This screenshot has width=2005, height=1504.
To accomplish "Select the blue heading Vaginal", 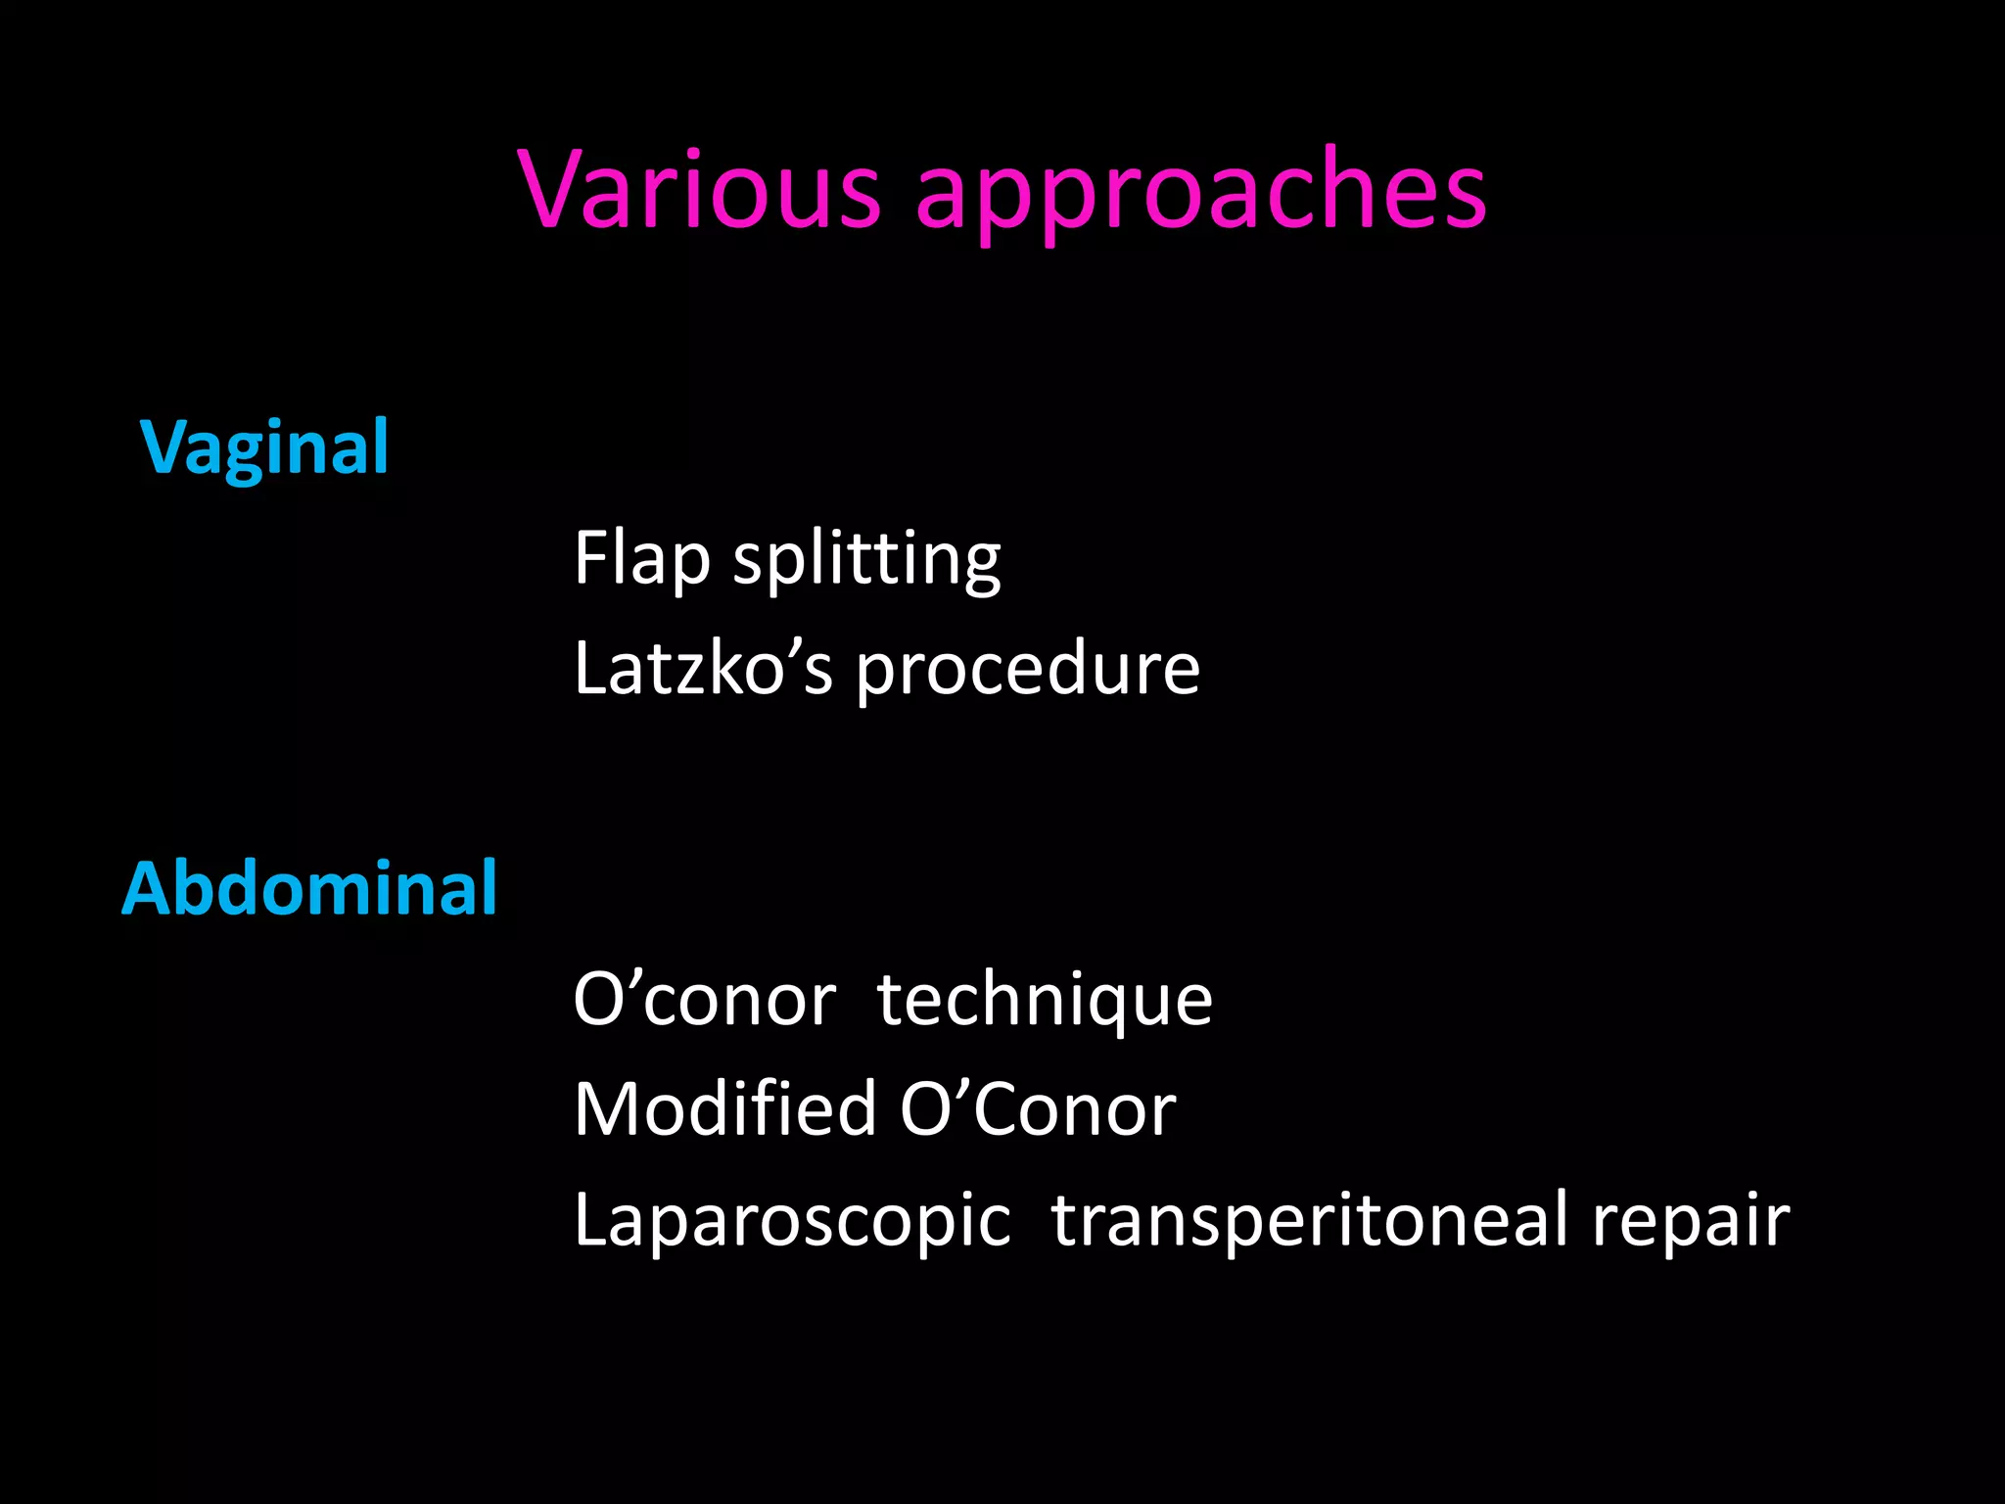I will [x=264, y=448].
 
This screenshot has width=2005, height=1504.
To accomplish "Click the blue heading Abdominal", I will [x=309, y=888].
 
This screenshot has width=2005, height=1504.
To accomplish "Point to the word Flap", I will [x=641, y=559].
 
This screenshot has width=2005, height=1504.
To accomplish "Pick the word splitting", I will [x=866, y=559].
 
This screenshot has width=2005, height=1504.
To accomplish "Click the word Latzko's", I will [x=703, y=669].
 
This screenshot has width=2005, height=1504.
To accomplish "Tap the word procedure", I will [x=1028, y=671].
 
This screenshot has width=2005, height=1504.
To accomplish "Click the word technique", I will [x=1045, y=1002].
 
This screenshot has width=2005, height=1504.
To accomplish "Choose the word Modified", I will [x=724, y=1109].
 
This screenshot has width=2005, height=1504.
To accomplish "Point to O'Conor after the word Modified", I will [x=1038, y=1109].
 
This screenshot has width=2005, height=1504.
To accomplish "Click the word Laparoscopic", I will [x=792, y=1221].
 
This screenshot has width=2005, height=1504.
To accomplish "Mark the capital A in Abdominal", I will [x=145, y=888].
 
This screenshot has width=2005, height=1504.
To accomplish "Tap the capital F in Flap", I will [x=592, y=557].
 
